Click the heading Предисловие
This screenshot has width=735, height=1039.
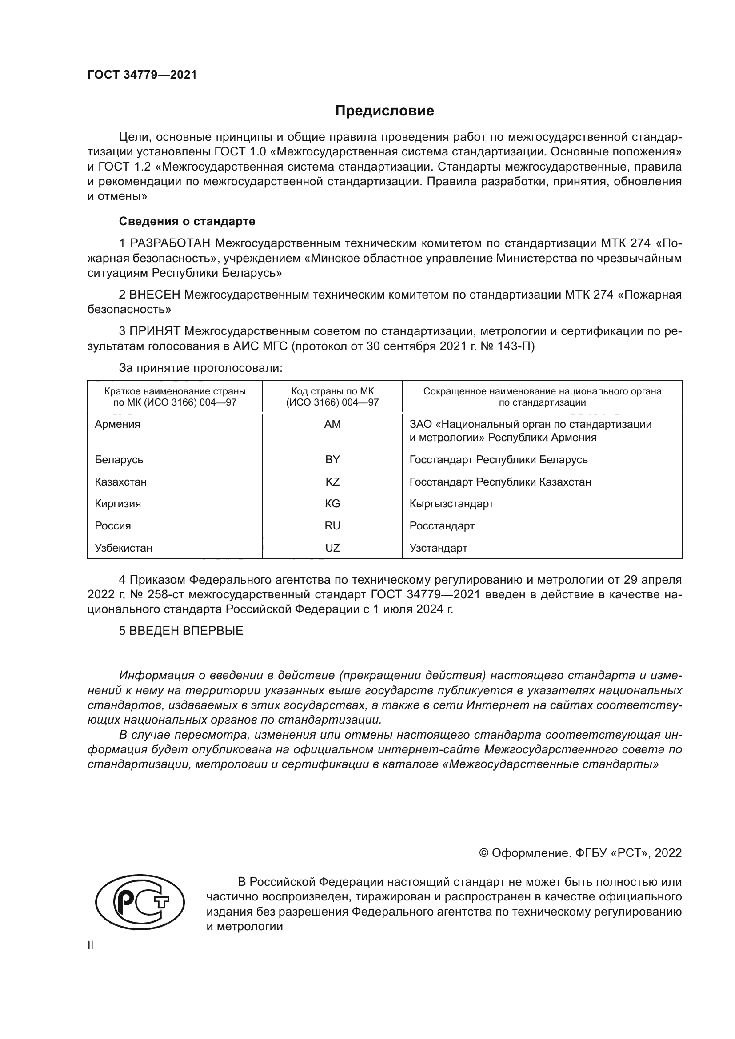tap(384, 111)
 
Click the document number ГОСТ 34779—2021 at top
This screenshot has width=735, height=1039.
tap(142, 75)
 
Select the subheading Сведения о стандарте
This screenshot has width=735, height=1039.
tap(187, 221)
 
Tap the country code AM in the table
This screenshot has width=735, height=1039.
tap(332, 424)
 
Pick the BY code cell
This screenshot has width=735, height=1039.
tap(332, 459)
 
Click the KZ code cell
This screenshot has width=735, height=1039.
tap(332, 482)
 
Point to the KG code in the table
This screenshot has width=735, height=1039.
tap(332, 504)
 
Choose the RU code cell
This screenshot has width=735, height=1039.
tap(332, 526)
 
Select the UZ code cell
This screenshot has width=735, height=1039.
tap(332, 548)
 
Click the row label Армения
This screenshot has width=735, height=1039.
tap(117, 424)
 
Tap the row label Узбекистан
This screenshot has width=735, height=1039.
tap(123, 548)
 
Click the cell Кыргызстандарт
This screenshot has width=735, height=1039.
tap(451, 504)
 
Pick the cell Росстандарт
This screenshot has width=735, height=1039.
tap(442, 526)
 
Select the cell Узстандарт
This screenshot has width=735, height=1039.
tap(438, 548)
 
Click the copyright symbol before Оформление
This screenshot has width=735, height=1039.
tap(483, 853)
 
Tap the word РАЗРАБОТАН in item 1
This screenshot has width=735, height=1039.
tap(170, 243)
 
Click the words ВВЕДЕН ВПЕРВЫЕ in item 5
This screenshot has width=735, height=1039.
tap(186, 631)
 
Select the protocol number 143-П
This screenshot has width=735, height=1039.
tap(517, 346)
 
